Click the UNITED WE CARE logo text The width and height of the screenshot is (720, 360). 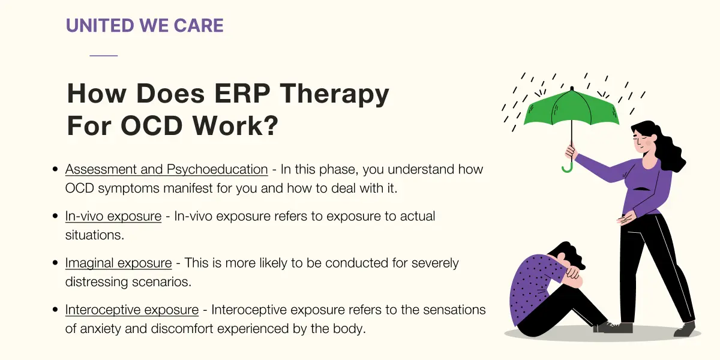[x=145, y=25]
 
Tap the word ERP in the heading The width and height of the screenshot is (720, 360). [x=242, y=93]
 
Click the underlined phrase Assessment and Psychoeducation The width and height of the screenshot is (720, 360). [x=167, y=169]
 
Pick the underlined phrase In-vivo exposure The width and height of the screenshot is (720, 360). [x=113, y=216]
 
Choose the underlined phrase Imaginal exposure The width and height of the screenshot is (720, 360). [x=118, y=263]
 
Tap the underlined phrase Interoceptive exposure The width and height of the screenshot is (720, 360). [x=132, y=310]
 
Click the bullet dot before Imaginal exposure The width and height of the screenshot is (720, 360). [x=55, y=263]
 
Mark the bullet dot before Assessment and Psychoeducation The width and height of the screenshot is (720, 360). [x=55, y=169]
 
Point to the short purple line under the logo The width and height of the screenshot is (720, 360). [x=103, y=56]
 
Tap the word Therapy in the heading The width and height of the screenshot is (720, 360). [x=334, y=94]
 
